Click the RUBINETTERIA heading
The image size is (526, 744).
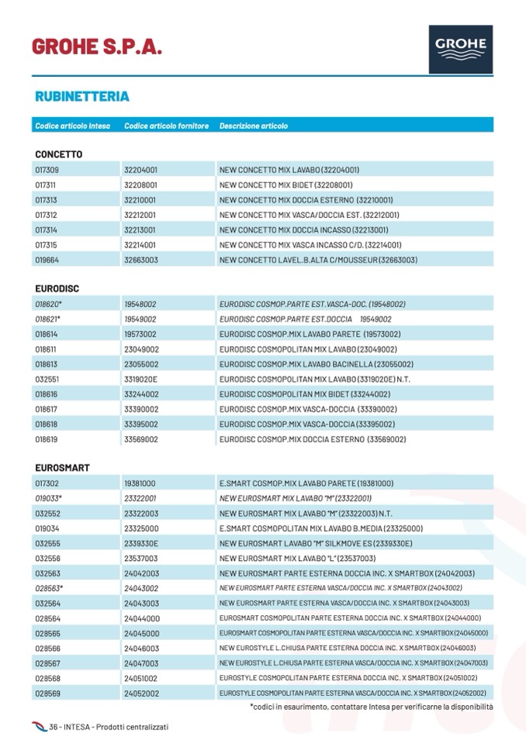click(82, 97)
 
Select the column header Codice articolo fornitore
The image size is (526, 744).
click(166, 126)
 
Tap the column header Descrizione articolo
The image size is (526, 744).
click(254, 126)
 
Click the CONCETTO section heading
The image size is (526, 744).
click(58, 154)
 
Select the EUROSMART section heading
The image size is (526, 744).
click(62, 468)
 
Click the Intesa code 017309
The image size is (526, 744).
click(47, 170)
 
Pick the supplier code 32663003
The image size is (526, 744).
click(141, 260)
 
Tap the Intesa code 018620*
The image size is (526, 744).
click(48, 304)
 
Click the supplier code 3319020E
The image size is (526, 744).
click(141, 379)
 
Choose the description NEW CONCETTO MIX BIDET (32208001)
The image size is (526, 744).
click(286, 185)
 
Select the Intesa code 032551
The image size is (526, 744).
click(47, 379)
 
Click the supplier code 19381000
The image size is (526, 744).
click(140, 483)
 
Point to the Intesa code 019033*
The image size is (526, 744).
click(48, 498)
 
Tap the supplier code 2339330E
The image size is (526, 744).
click(141, 543)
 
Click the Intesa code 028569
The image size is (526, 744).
click(47, 693)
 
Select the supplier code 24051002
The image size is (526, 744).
click(141, 678)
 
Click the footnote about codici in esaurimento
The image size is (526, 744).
click(371, 707)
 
